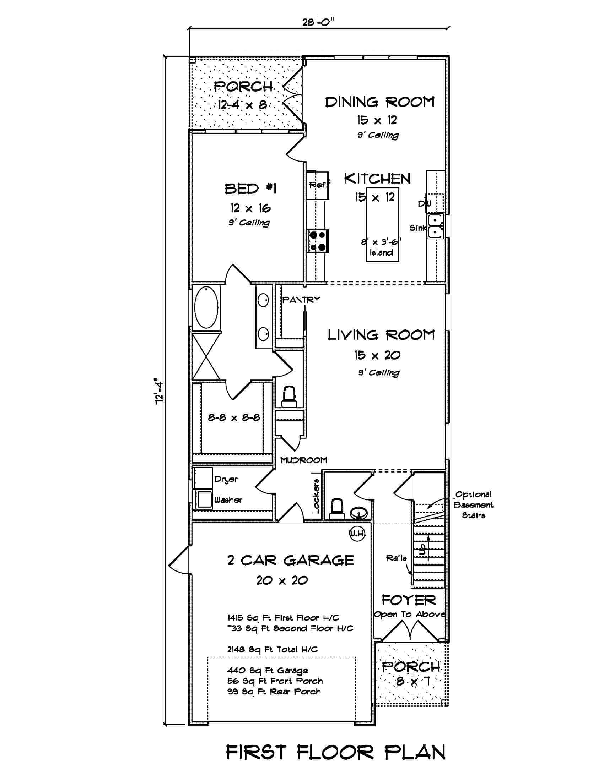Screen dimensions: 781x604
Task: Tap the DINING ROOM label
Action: click(379, 102)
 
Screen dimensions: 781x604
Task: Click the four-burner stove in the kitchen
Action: click(318, 241)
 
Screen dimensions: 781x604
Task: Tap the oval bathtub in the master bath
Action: click(206, 307)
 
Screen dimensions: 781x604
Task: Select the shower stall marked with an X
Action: click(206, 356)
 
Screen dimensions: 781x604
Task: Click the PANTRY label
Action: click(301, 300)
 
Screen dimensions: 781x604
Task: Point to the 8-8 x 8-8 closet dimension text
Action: click(234, 417)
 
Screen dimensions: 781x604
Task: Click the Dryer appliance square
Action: click(203, 479)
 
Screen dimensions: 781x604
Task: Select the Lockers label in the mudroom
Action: click(316, 496)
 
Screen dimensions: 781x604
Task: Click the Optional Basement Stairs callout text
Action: click(473, 504)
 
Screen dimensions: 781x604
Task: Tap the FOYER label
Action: click(409, 600)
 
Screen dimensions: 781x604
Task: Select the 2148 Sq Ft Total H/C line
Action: click(272, 649)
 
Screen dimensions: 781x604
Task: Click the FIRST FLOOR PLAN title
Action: click(336, 753)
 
